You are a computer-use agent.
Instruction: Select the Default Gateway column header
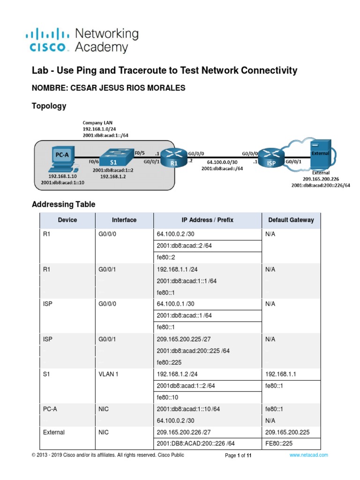click(x=291, y=220)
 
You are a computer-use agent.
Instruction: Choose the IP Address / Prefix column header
click(x=207, y=220)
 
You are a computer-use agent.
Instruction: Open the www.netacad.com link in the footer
click(x=308, y=455)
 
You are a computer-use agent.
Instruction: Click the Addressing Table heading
click(x=63, y=204)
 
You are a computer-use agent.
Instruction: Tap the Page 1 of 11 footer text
click(x=239, y=455)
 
